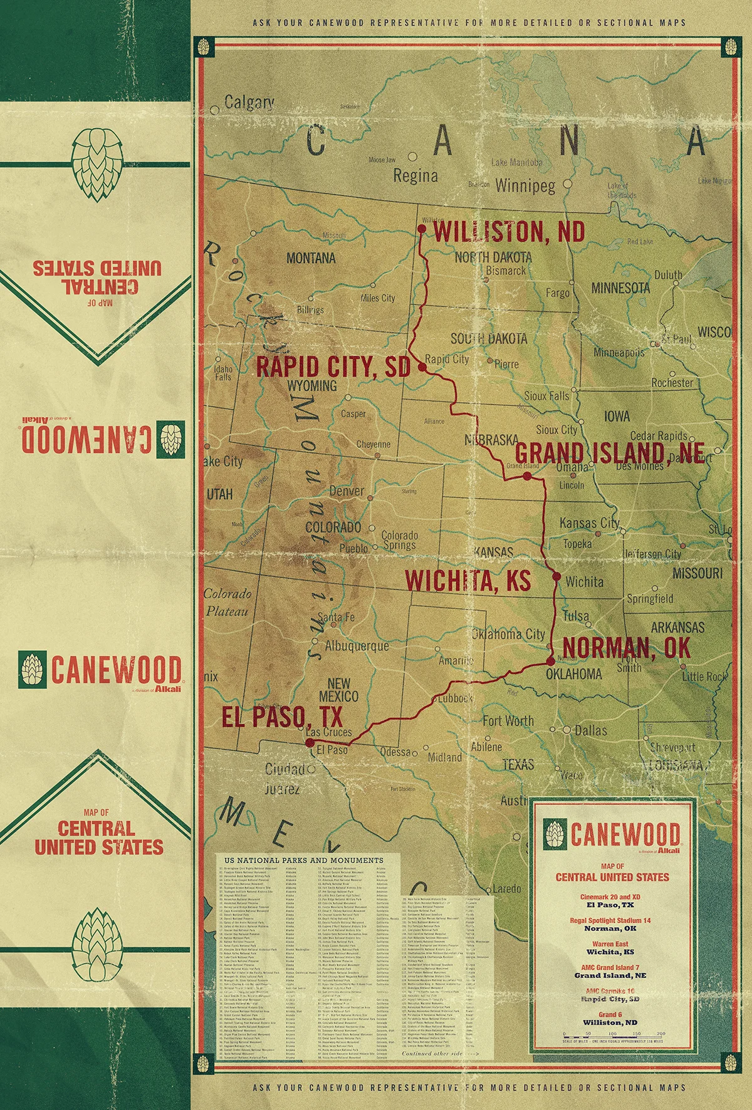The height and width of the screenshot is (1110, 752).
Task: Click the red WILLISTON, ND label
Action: [509, 232]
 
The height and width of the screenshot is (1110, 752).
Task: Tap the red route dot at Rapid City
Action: [422, 368]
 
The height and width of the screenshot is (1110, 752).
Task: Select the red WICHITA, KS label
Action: [467, 581]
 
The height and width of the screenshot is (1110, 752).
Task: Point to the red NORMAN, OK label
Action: [626, 647]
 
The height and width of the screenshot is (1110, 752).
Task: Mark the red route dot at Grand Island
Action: [527, 477]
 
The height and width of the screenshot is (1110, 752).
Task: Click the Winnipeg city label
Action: [525, 186]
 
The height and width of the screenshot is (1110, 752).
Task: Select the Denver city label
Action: [346, 490]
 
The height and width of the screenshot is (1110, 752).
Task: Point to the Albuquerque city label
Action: [357, 645]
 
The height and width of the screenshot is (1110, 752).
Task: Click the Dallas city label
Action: [590, 730]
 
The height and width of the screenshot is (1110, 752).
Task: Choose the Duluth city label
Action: [668, 275]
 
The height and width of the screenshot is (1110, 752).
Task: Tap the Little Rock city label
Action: [704, 677]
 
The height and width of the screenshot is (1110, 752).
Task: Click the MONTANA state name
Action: [311, 258]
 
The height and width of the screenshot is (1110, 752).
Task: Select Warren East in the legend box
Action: [611, 944]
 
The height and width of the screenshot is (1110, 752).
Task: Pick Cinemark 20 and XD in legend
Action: [611, 897]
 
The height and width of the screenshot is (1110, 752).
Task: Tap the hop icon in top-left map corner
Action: [202, 46]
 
